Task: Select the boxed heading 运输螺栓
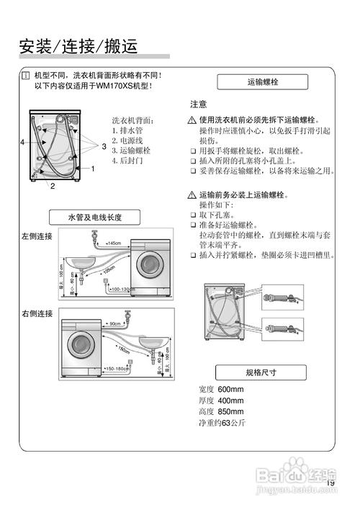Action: [x=262, y=83]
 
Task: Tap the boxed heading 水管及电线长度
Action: [x=94, y=217]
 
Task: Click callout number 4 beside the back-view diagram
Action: [x=22, y=143]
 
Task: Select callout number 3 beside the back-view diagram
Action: [x=104, y=146]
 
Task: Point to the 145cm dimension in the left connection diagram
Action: [x=113, y=243]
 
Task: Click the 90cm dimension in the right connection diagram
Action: [x=115, y=323]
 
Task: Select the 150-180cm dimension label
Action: [x=117, y=369]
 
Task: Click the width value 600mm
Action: [x=231, y=390]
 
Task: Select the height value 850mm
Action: [x=231, y=411]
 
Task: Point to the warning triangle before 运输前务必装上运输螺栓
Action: [x=192, y=195]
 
